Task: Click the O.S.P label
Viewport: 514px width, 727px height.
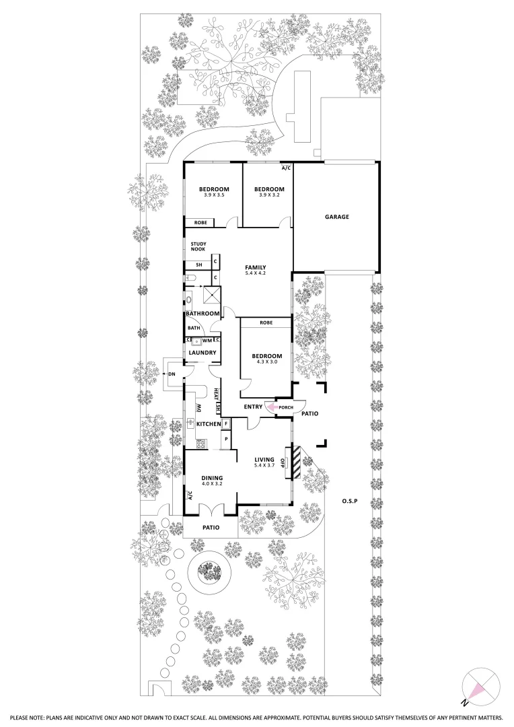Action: pyautogui.click(x=348, y=501)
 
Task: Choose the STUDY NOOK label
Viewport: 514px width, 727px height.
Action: pyautogui.click(x=198, y=246)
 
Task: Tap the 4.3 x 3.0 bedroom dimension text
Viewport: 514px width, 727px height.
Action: pyautogui.click(x=267, y=362)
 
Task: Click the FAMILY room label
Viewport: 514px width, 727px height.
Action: pyautogui.click(x=256, y=267)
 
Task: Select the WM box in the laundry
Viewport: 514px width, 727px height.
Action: pyautogui.click(x=207, y=341)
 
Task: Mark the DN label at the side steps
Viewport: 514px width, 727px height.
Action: pyautogui.click(x=172, y=374)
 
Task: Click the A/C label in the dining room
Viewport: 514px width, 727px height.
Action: pyautogui.click(x=190, y=496)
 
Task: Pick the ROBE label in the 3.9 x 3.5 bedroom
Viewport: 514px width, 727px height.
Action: pyautogui.click(x=200, y=223)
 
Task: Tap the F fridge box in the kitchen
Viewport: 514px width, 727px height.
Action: pyautogui.click(x=226, y=424)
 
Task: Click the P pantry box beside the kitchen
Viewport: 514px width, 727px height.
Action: pyautogui.click(x=226, y=439)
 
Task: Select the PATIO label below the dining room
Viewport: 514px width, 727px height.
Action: pyautogui.click(x=211, y=527)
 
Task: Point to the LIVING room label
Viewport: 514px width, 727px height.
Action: pyautogui.click(x=264, y=459)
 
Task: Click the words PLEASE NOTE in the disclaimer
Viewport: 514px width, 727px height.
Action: pyautogui.click(x=26, y=718)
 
